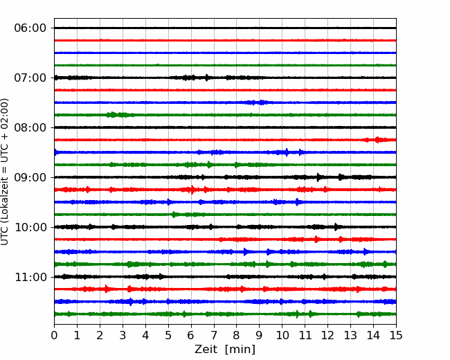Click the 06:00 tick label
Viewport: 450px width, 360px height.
click(30, 28)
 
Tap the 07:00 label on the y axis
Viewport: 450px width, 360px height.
click(30, 78)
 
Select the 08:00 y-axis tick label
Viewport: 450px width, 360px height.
click(30, 127)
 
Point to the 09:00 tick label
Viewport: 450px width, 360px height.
click(30, 177)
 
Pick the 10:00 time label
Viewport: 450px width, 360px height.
click(30, 227)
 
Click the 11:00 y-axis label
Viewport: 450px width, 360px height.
click(30, 277)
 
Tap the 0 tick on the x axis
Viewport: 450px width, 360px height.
click(54, 335)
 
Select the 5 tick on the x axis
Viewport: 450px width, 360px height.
click(168, 335)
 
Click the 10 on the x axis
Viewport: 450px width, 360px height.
click(282, 335)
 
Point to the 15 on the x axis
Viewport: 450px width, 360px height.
click(396, 335)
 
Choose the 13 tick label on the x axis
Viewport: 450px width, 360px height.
click(350, 335)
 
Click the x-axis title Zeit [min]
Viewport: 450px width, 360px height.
click(225, 350)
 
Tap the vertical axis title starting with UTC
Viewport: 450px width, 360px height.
click(5, 172)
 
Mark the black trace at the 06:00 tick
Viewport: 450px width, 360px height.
click(225, 28)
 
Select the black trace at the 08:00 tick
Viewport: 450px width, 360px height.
click(225, 127)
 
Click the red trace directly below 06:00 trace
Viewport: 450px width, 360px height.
click(225, 40)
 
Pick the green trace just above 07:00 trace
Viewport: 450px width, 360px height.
click(225, 65)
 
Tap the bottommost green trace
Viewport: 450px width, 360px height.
click(225, 314)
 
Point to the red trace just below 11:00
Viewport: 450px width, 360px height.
click(225, 289)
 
